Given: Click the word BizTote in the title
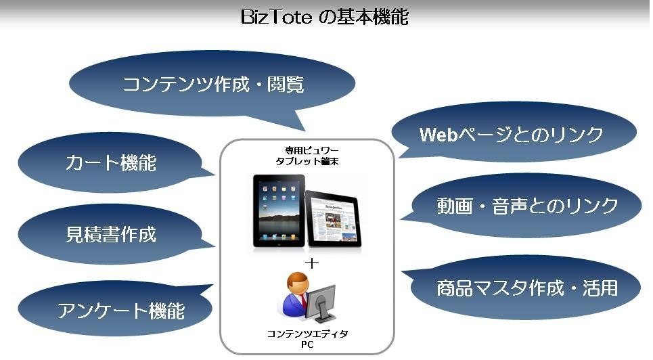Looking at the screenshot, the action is tap(276, 17).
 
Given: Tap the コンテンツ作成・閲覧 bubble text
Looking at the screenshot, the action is tap(212, 84).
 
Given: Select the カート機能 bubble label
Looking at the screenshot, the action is tap(111, 162).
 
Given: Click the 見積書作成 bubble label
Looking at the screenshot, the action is tap(111, 234).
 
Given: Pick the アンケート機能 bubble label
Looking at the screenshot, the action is tap(120, 311).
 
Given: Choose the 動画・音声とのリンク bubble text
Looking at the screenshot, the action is tap(527, 206).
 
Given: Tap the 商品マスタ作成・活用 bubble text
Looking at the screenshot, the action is tap(527, 288).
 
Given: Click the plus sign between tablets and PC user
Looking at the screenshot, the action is tap(311, 263).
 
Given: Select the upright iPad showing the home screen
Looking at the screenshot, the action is tap(279, 211).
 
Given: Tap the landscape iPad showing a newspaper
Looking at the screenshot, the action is tap(333, 219).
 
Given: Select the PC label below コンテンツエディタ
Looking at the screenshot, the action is tap(307, 344).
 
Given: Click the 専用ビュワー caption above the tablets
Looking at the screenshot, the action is tap(306, 150).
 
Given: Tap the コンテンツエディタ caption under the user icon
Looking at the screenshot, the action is tap(307, 334).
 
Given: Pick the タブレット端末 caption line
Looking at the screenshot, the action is tap(307, 161).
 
